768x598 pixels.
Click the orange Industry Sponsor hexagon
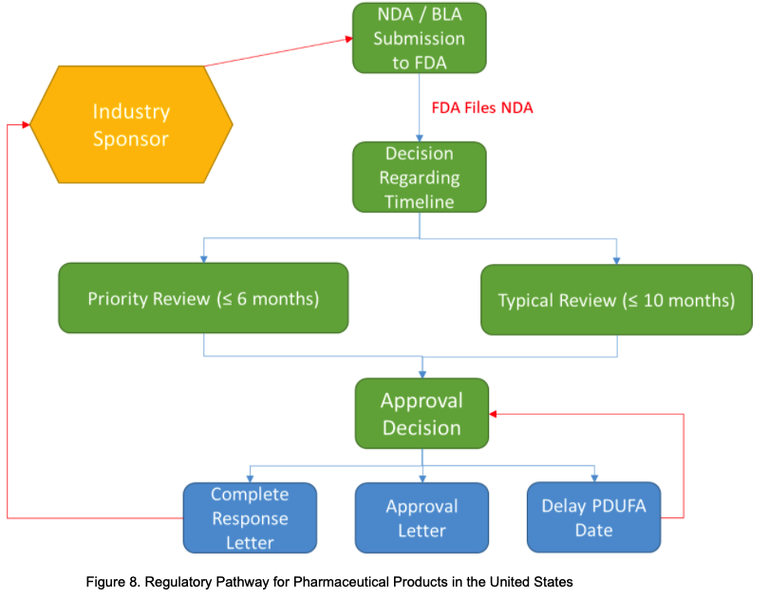(131, 125)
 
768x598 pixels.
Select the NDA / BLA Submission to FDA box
(419, 39)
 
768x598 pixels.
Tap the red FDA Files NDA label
(482, 108)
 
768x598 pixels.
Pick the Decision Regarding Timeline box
(419, 178)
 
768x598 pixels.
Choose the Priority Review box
(203, 299)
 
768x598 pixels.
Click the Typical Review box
(616, 300)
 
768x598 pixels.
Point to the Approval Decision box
(421, 414)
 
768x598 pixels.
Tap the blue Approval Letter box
(421, 518)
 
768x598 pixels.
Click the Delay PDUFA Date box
(593, 518)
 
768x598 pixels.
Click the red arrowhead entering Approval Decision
(494, 415)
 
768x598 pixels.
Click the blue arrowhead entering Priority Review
(203, 258)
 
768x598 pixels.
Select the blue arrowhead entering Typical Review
(617, 258)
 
